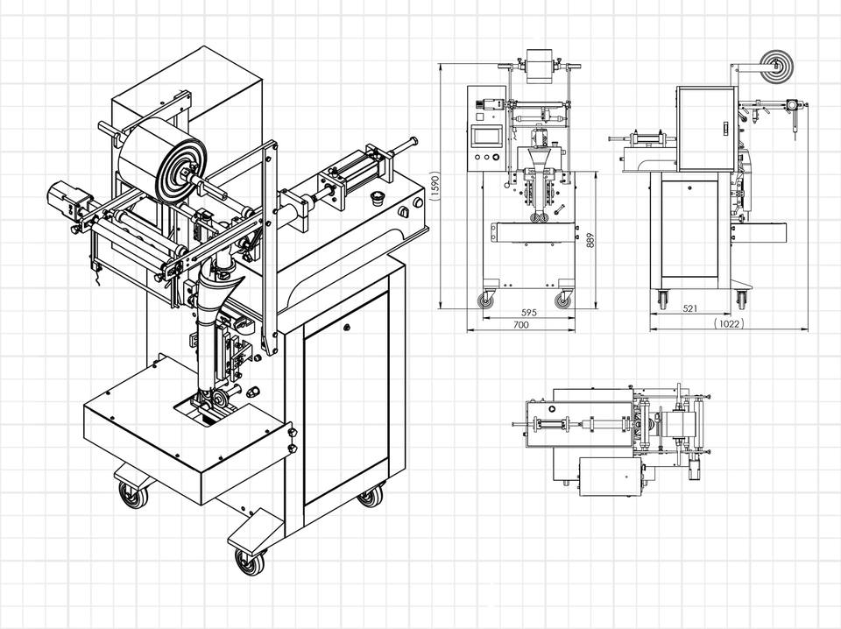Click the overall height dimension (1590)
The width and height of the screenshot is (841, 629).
coord(435,187)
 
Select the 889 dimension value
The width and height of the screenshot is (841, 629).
coord(590,240)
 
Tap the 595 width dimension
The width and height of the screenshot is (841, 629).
coord(529,312)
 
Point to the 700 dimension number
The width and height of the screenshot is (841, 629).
coord(520,324)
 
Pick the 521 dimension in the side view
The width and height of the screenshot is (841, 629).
coord(690,308)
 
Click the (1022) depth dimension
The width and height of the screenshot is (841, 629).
coord(730,323)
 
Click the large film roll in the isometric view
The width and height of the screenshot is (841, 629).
coord(161,161)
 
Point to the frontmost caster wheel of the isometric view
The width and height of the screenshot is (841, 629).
coord(251,562)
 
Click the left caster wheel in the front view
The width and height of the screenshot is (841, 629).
coord(486,300)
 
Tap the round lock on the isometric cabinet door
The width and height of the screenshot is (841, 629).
coord(347,326)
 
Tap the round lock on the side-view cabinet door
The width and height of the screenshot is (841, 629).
coord(689,187)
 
